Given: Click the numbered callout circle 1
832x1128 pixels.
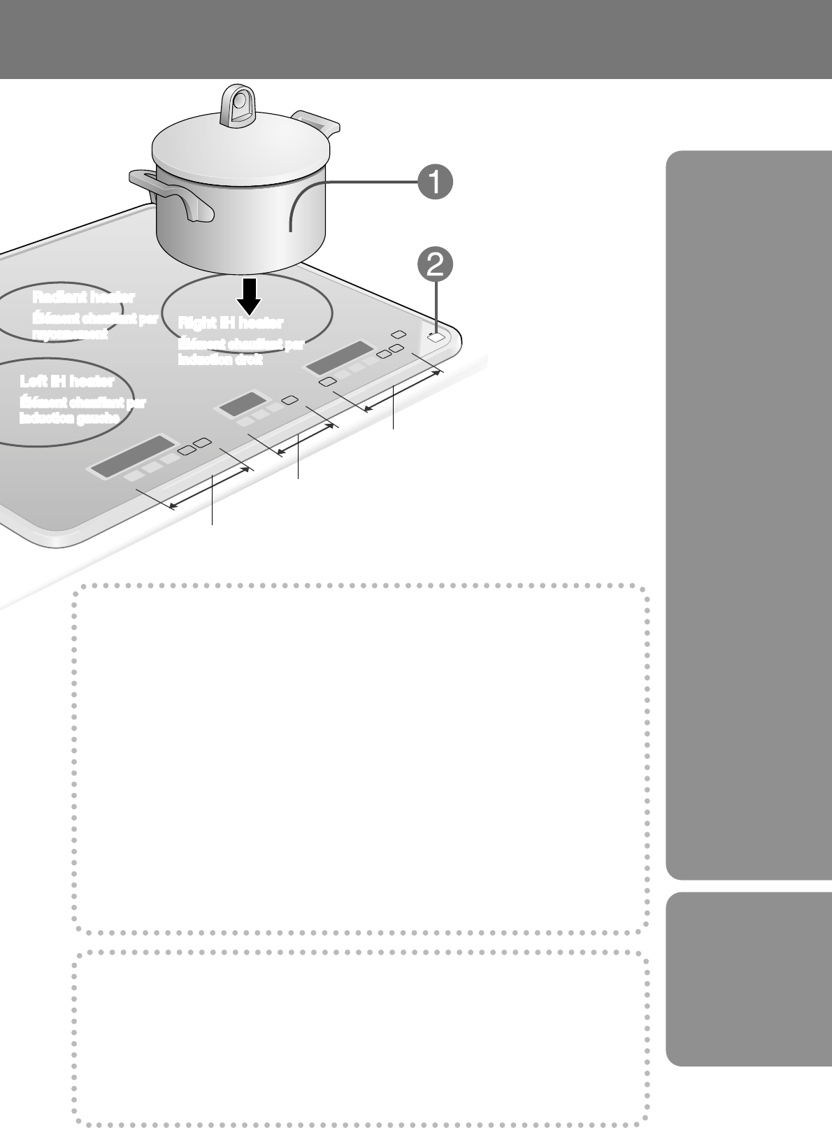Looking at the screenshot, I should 433,183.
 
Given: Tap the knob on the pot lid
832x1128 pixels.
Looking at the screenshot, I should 236,106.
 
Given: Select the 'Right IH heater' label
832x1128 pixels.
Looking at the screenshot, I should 231,322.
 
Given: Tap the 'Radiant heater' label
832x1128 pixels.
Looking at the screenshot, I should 84,297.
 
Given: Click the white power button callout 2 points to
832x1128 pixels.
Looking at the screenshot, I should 436,337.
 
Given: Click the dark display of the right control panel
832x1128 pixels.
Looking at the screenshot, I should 338,358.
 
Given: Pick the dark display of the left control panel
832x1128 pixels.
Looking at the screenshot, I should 131,457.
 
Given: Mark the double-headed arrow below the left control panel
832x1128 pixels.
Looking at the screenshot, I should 210,488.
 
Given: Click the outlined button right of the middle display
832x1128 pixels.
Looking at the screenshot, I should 289,400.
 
